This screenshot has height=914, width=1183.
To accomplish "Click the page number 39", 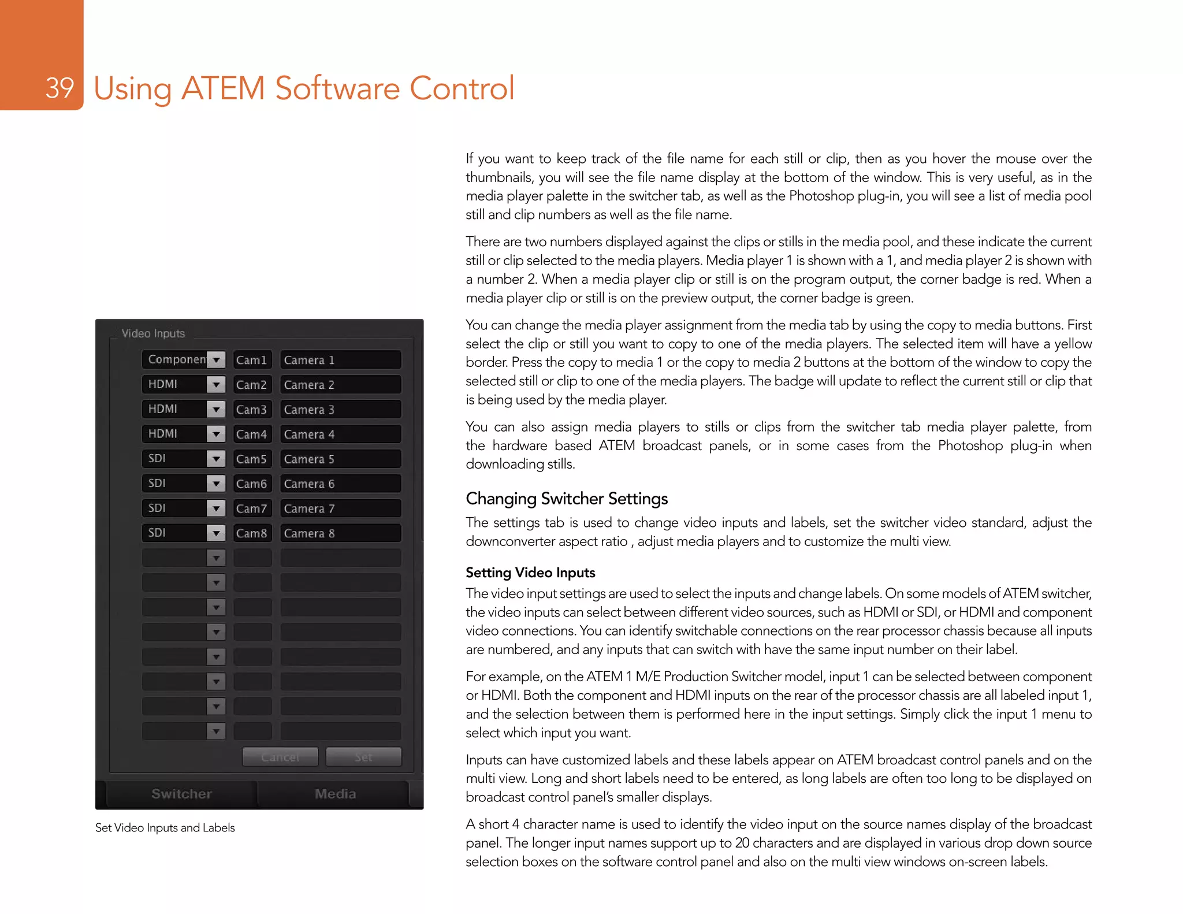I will (x=59, y=88).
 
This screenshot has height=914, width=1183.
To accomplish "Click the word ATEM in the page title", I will (x=222, y=88).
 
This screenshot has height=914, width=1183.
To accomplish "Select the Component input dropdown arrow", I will (x=216, y=360).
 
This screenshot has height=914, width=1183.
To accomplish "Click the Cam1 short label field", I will (x=252, y=360).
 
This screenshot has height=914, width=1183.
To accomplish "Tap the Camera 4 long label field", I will (x=340, y=434).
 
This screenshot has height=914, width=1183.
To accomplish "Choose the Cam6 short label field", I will (x=252, y=484).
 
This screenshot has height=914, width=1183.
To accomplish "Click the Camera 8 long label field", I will (x=340, y=533).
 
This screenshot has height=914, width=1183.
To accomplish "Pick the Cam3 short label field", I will (x=252, y=410).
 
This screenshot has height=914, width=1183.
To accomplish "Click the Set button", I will (x=363, y=757).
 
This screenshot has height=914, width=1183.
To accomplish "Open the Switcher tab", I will (x=181, y=794).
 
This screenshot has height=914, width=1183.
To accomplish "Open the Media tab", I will (x=335, y=794).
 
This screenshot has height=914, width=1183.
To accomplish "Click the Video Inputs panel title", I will (x=153, y=333).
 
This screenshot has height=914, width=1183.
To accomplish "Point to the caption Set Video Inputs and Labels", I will (x=165, y=828).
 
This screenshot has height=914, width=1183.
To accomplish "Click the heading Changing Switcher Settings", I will (x=567, y=499).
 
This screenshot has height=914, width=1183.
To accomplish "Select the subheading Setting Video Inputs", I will (x=530, y=573).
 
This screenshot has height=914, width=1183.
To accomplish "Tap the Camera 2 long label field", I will (x=340, y=385).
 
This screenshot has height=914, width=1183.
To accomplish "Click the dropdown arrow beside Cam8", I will (x=216, y=533).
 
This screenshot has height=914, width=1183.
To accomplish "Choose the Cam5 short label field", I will (x=252, y=459).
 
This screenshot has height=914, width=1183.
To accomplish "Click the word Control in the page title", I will (x=462, y=88).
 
